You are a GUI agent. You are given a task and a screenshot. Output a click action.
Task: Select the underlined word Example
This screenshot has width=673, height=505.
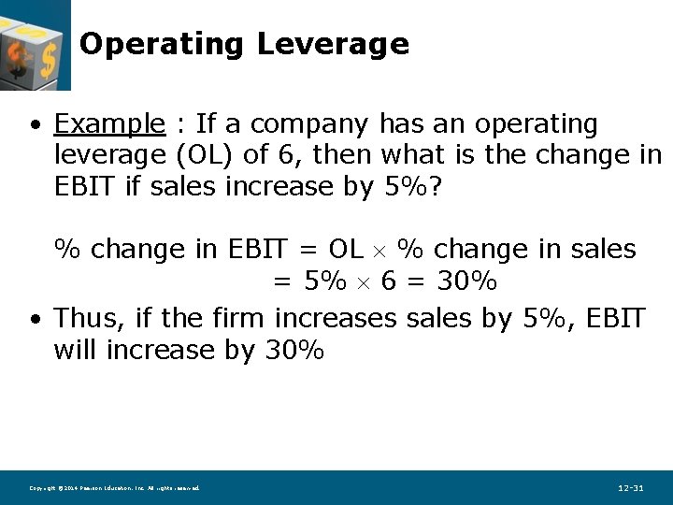tap(109, 123)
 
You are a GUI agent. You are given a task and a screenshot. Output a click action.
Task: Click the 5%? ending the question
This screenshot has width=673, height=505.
tap(415, 186)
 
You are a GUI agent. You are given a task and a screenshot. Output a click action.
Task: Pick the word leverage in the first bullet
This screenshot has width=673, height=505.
tap(107, 155)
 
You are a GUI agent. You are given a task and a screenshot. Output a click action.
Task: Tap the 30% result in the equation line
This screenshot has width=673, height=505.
tap(465, 281)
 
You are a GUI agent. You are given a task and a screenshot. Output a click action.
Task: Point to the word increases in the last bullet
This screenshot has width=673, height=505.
tap(336, 318)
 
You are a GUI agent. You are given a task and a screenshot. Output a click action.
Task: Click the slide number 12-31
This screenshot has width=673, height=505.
tap(631, 488)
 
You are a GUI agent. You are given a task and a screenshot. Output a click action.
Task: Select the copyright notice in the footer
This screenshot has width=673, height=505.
tap(114, 488)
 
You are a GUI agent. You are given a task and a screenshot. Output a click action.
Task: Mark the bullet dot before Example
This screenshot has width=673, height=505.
tap(35, 125)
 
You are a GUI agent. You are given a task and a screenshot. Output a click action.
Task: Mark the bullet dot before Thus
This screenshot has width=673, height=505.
tap(35, 320)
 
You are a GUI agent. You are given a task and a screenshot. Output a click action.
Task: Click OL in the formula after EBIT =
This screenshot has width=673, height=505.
tap(346, 250)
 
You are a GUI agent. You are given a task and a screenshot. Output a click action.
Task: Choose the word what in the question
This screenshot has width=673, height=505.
tap(414, 154)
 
